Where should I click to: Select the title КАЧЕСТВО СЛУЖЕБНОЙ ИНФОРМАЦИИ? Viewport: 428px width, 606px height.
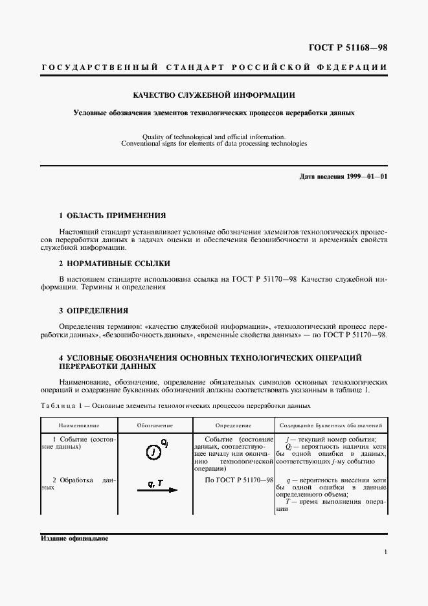(x=214, y=95)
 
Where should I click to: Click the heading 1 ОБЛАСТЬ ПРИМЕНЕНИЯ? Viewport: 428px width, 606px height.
(x=112, y=215)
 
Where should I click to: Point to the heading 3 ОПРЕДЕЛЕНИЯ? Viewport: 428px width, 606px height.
(x=93, y=310)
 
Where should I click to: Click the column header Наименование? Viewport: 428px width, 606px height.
(x=79, y=425)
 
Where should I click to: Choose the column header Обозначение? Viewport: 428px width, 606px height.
(x=155, y=425)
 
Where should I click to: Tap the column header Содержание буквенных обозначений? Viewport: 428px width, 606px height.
(x=333, y=425)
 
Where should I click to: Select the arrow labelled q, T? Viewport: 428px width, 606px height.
(x=156, y=490)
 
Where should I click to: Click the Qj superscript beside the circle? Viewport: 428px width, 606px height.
(x=164, y=443)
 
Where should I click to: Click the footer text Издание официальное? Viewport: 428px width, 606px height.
(x=74, y=539)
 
